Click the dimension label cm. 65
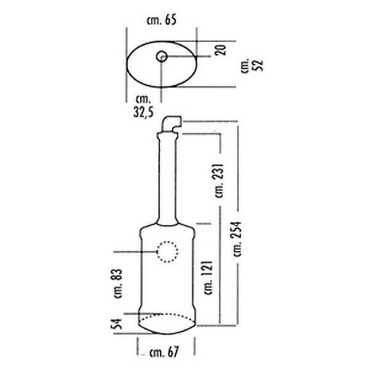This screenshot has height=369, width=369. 161,20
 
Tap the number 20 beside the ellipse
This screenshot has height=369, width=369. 221,50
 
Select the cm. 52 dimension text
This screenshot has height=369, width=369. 252,65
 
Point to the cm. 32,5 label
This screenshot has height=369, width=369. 143,106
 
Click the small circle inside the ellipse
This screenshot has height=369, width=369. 162,57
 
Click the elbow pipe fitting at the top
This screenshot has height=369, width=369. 172,124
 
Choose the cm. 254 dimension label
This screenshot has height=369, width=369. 237,239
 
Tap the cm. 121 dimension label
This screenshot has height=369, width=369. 208,277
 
